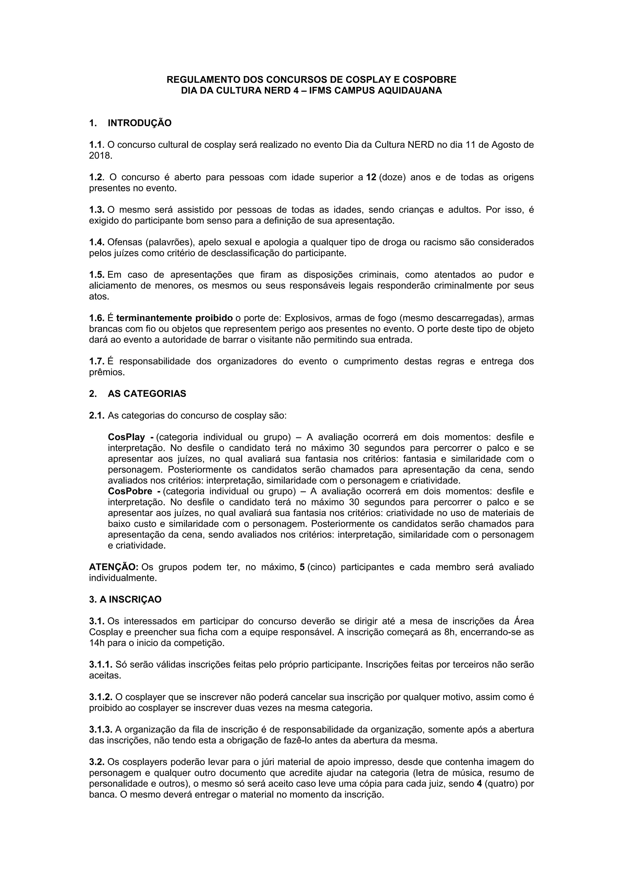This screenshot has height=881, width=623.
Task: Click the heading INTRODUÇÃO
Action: (139, 123)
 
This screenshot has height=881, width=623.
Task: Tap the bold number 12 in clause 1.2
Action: (371, 177)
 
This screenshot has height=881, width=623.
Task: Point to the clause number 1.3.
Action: (97, 210)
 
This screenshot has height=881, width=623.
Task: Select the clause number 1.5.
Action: (97, 275)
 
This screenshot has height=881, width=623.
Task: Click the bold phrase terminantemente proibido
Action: (174, 318)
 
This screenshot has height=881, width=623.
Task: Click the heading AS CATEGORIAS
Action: (147, 394)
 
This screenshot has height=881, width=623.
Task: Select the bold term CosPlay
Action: (126, 437)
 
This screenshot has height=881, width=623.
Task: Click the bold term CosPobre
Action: (130, 491)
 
